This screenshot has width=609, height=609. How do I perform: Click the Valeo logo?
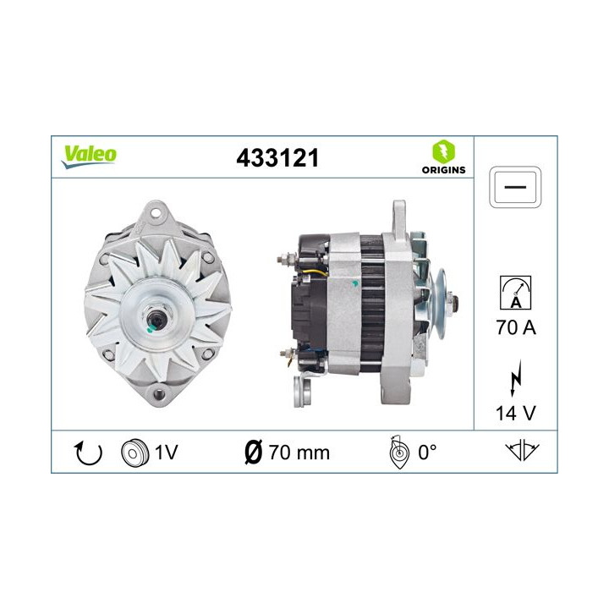click(88, 155)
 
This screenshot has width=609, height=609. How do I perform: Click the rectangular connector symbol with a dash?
click(514, 186)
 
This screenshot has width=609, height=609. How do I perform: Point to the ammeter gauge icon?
click(514, 292)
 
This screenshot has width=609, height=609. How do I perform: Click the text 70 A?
click(514, 327)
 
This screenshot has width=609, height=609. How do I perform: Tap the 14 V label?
click(514, 414)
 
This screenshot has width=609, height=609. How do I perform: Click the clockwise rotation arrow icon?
click(89, 453)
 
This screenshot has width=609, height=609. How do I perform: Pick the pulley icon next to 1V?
click(134, 453)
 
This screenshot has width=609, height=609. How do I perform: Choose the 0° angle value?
click(427, 453)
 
